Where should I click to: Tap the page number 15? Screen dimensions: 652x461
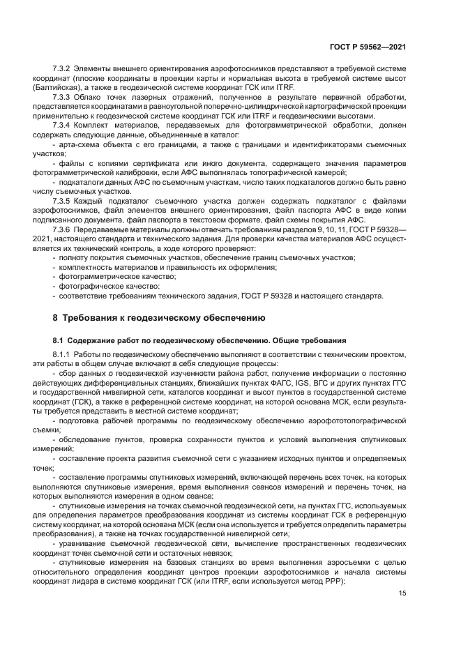[402, 594]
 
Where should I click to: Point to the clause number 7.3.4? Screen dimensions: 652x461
[63, 125]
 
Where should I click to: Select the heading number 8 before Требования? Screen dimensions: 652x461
[55, 317]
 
